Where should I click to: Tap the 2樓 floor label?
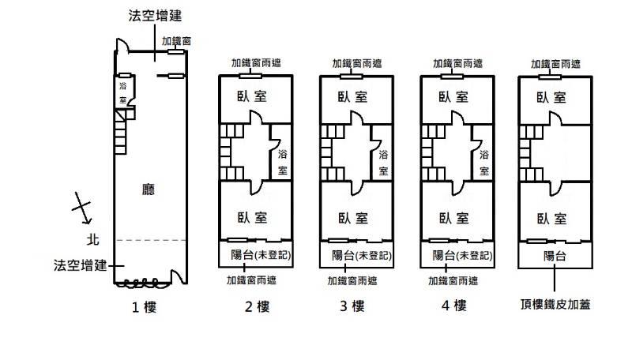coord(255,306)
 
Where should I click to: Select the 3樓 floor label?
coord(355,306)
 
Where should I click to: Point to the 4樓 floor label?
coord(457,306)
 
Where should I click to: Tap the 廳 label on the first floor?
coord(148,189)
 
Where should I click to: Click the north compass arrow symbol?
coord(81,208)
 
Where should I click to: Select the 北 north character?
coord(92,238)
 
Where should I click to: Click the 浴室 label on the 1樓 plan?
coord(123,92)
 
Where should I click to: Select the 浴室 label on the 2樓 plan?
coord(283,162)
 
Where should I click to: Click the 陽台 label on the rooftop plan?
coord(553,255)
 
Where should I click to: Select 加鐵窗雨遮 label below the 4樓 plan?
coord(456,279)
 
